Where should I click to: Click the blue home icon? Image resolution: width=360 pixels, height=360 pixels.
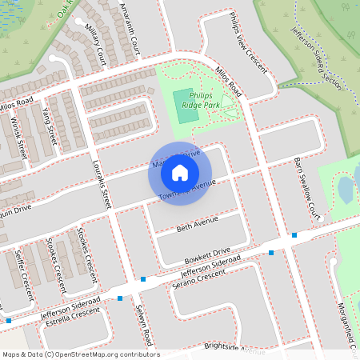[x=180, y=173]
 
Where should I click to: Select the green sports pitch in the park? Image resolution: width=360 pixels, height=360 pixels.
[x=186, y=106]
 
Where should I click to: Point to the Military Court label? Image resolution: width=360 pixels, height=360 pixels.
[x=95, y=46]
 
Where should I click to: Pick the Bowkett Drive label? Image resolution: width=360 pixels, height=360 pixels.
[x=205, y=254]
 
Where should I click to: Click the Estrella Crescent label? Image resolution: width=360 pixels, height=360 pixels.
[x=66, y=313]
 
